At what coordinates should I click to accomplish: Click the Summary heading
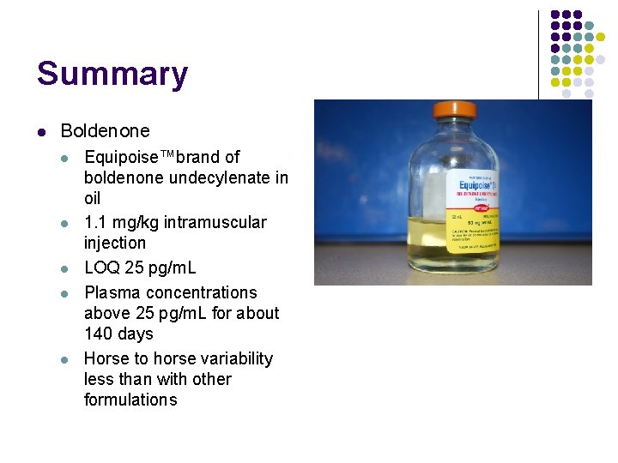tap(112, 74)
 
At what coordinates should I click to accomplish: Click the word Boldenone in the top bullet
tap(105, 131)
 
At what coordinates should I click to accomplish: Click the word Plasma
tap(112, 292)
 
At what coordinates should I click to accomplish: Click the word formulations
tap(130, 400)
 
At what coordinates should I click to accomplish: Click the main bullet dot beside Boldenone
tap(41, 131)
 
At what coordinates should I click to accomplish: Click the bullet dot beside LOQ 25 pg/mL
tap(65, 268)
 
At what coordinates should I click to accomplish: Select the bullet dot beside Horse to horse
tap(65, 358)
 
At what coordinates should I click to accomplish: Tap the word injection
tap(115, 243)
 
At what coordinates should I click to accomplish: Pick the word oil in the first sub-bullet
tap(93, 198)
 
